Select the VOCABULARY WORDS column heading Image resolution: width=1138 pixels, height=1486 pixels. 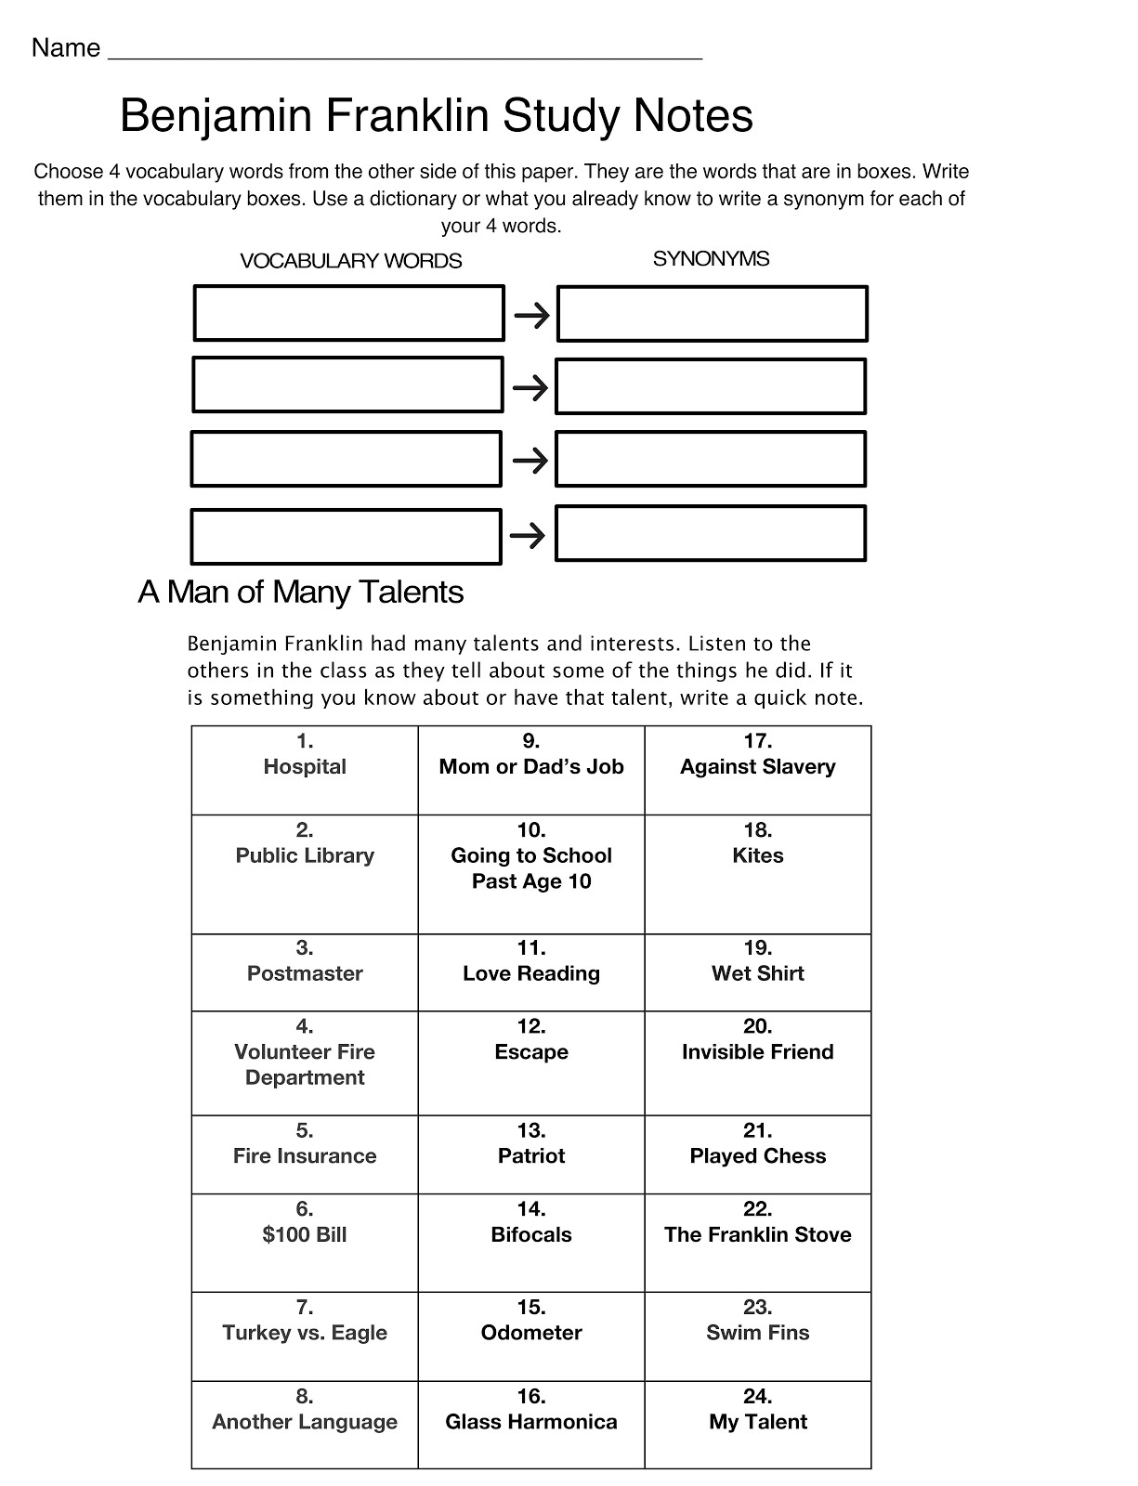(x=350, y=261)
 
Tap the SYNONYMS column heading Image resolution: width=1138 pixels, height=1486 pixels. (x=711, y=259)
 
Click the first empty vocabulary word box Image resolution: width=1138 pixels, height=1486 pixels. (x=348, y=313)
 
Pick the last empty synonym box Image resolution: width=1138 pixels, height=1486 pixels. (x=711, y=533)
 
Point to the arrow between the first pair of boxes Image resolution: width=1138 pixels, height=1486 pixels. (x=531, y=317)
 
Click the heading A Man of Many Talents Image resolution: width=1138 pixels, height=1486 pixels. (x=300, y=592)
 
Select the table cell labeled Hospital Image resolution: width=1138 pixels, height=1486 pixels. (x=305, y=770)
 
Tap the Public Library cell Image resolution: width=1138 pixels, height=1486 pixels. (x=305, y=874)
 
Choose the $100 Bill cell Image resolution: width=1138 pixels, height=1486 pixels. (x=305, y=1242)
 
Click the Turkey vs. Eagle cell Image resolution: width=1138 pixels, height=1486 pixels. (x=305, y=1336)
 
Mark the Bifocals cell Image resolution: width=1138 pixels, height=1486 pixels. (x=531, y=1242)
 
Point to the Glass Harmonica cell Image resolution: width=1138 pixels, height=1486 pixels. (x=531, y=1424)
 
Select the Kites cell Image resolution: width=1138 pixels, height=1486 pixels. (x=758, y=874)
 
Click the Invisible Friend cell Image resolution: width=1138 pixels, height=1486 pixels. (x=758, y=1062)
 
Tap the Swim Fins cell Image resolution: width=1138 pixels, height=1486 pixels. (x=758, y=1336)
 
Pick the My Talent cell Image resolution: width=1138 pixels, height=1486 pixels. (x=758, y=1424)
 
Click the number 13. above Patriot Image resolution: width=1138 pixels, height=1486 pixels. (x=531, y=1130)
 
